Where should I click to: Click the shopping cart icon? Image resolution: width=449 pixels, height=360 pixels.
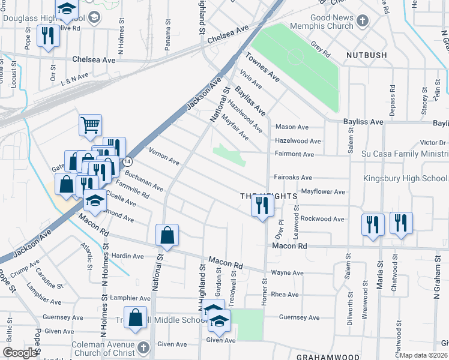coord(90,125)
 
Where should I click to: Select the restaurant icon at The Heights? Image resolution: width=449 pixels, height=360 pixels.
coord(262,206)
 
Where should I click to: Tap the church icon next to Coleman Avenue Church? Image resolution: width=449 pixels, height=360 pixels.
coord(142,348)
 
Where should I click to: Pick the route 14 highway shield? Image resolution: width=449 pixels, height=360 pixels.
coord(127,162)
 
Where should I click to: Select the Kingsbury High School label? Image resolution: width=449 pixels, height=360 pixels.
coord(405,179)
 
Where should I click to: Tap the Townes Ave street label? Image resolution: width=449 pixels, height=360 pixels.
coord(263,67)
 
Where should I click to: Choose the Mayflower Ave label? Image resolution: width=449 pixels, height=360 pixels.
coord(323,192)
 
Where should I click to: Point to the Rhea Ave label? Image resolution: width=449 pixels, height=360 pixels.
coord(285,295)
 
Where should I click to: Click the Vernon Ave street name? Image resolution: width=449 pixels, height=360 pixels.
coord(164,157)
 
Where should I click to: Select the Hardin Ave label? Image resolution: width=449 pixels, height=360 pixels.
coord(127,256)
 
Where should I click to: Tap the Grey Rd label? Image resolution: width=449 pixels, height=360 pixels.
coord(321,48)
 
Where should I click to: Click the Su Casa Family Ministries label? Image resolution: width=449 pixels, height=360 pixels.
coord(405,154)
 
